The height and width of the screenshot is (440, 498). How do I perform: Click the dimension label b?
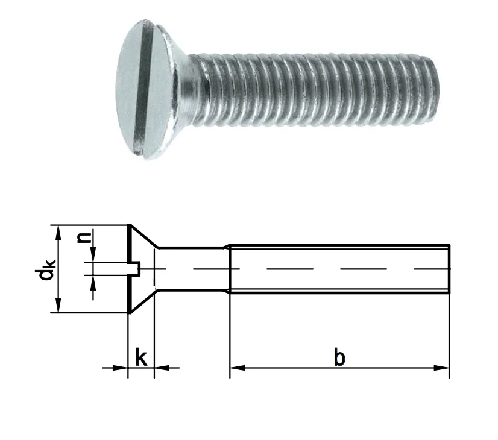click(339, 357)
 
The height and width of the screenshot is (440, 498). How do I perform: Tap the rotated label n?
click(84, 237)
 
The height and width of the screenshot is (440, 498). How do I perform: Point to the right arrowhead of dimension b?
click(442, 368)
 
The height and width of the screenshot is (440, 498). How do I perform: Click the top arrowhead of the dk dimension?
click(58, 233)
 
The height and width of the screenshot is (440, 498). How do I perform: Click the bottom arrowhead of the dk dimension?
click(58, 305)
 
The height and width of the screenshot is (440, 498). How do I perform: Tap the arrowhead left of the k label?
click(121, 368)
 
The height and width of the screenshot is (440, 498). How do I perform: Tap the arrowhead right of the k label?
click(162, 368)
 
